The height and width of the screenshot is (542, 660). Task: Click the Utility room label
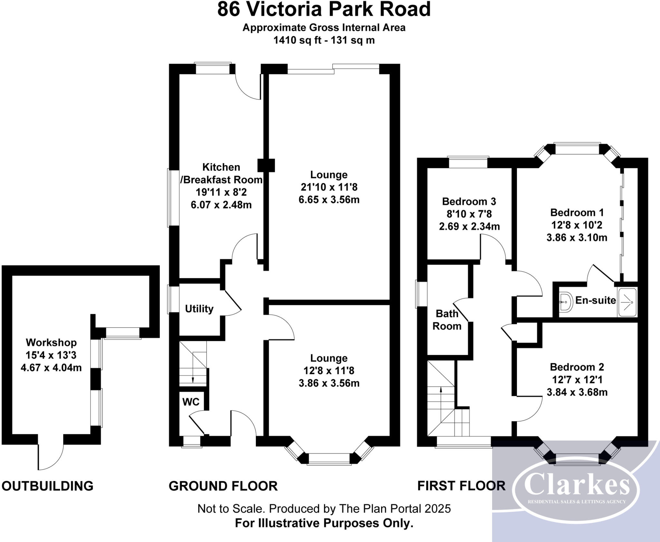199,309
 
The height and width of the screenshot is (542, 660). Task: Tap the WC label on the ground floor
191,402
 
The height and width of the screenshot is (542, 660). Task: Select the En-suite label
595,300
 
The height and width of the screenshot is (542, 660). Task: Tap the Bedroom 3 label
469,201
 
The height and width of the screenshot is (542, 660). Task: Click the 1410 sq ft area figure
297,40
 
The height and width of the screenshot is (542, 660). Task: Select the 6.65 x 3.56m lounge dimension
329,199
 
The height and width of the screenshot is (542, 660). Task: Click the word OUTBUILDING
48,486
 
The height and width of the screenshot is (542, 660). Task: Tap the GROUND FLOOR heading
223,486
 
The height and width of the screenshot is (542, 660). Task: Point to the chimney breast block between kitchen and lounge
266,165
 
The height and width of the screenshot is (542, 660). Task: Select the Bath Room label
447,319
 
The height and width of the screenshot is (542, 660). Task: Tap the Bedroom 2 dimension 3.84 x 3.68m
577,392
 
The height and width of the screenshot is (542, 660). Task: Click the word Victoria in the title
285,9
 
